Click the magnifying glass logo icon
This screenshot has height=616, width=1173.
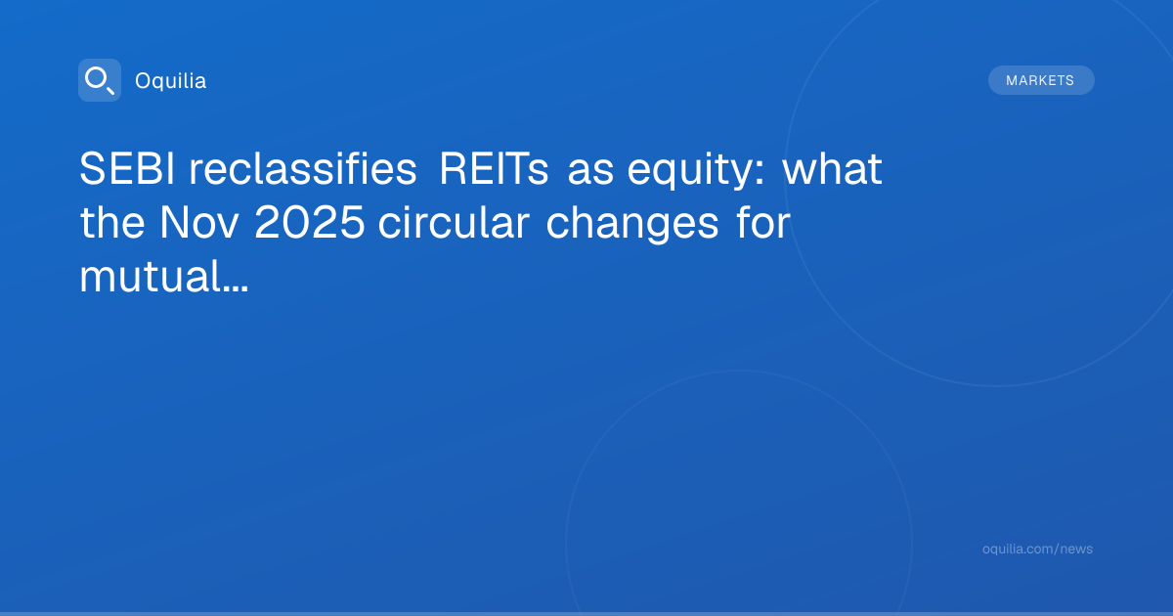point(100,80)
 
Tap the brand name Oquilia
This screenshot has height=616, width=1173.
point(171,80)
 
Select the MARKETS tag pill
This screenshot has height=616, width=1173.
point(1041,80)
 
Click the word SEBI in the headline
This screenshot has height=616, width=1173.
point(127,168)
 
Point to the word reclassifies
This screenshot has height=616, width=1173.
point(303,168)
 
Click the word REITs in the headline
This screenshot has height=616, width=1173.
point(494,168)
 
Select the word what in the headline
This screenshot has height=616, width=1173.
point(833,168)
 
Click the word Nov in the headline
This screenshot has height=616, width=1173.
point(199,223)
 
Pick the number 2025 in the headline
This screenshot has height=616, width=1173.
point(310,223)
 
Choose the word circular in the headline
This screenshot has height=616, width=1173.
point(454,222)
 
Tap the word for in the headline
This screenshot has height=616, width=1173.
point(763,222)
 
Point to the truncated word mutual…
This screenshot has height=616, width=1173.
point(164,276)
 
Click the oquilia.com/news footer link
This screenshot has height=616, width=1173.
point(1037,549)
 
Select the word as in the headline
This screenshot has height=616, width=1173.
point(590,173)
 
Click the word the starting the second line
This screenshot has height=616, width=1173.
point(112,222)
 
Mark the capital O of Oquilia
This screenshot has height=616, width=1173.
point(144,81)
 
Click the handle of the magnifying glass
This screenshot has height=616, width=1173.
point(110,90)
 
